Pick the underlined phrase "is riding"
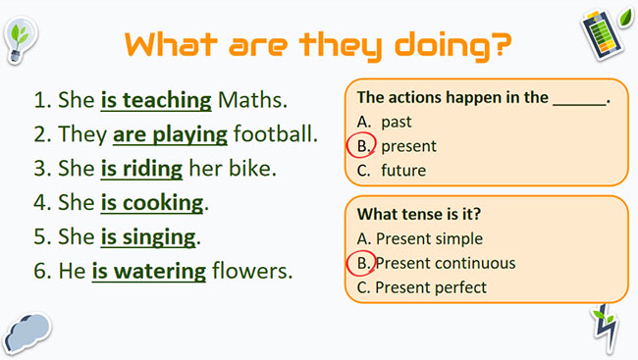click(141, 168)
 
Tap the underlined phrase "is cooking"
click(151, 203)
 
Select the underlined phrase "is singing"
click(148, 236)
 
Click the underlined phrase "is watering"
click(149, 271)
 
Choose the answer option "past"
click(398, 123)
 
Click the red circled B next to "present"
click(362, 146)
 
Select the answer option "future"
click(403, 170)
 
